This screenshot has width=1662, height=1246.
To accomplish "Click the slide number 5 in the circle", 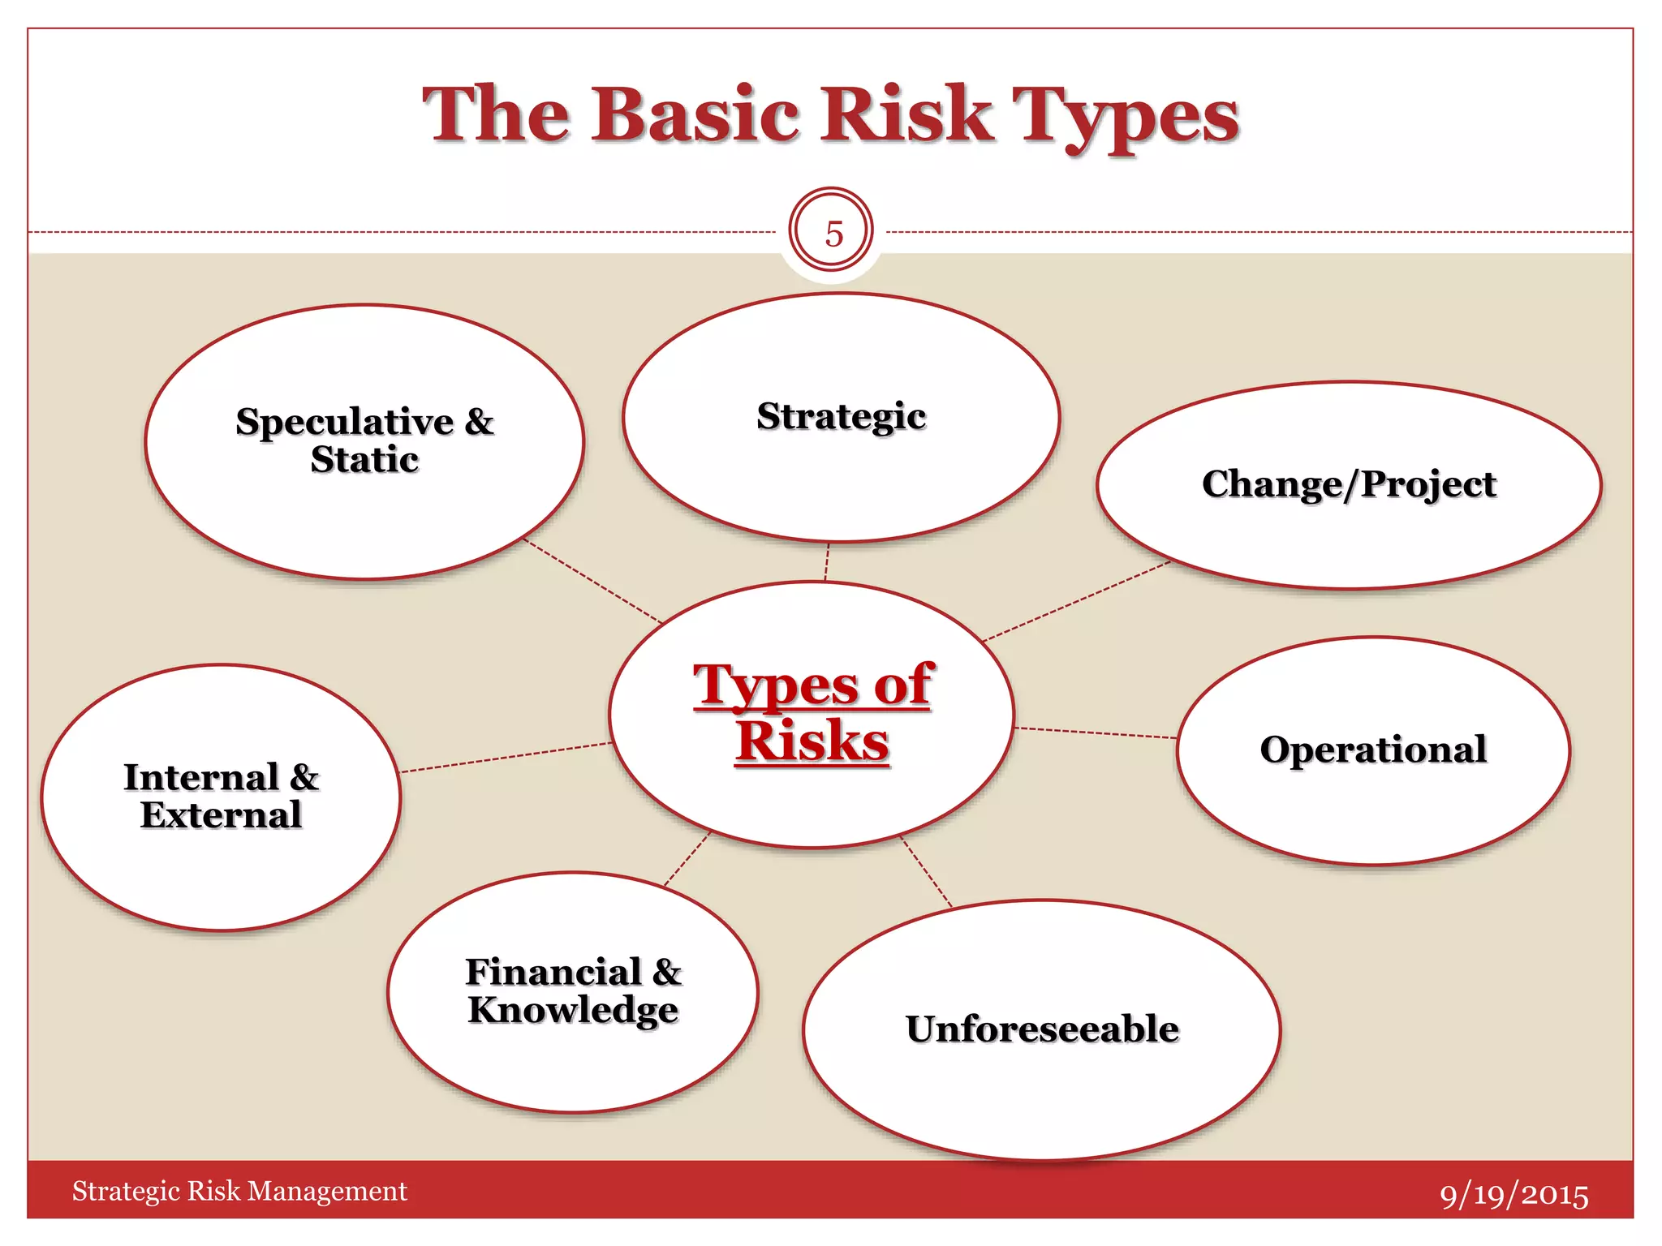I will point(833,234).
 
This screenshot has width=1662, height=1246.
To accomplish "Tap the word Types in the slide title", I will point(1127,116).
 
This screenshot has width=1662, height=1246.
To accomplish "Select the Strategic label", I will point(841,416).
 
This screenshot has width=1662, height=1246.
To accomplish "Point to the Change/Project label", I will point(1349,484).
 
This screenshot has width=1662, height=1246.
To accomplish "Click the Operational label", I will point(1373,749).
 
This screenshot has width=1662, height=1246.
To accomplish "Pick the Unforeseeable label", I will point(1042,1029).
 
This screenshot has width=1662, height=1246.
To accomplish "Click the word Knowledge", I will point(573,1010).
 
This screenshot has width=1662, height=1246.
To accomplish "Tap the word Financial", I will point(553,972).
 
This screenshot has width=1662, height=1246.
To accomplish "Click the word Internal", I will point(201,777).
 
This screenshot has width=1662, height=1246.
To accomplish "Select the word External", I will point(221,814).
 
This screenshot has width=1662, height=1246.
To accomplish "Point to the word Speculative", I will point(345,422).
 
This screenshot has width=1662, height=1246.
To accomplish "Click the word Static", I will point(364,459).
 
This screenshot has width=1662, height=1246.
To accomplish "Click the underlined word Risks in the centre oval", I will point(812,741).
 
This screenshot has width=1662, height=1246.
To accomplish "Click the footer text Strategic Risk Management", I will point(239,1191).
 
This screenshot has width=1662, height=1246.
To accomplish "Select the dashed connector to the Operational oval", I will point(1096,733).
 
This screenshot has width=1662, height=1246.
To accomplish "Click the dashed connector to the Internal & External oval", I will point(506,757).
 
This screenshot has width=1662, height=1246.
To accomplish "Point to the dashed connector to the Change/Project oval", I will point(1078,600).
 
